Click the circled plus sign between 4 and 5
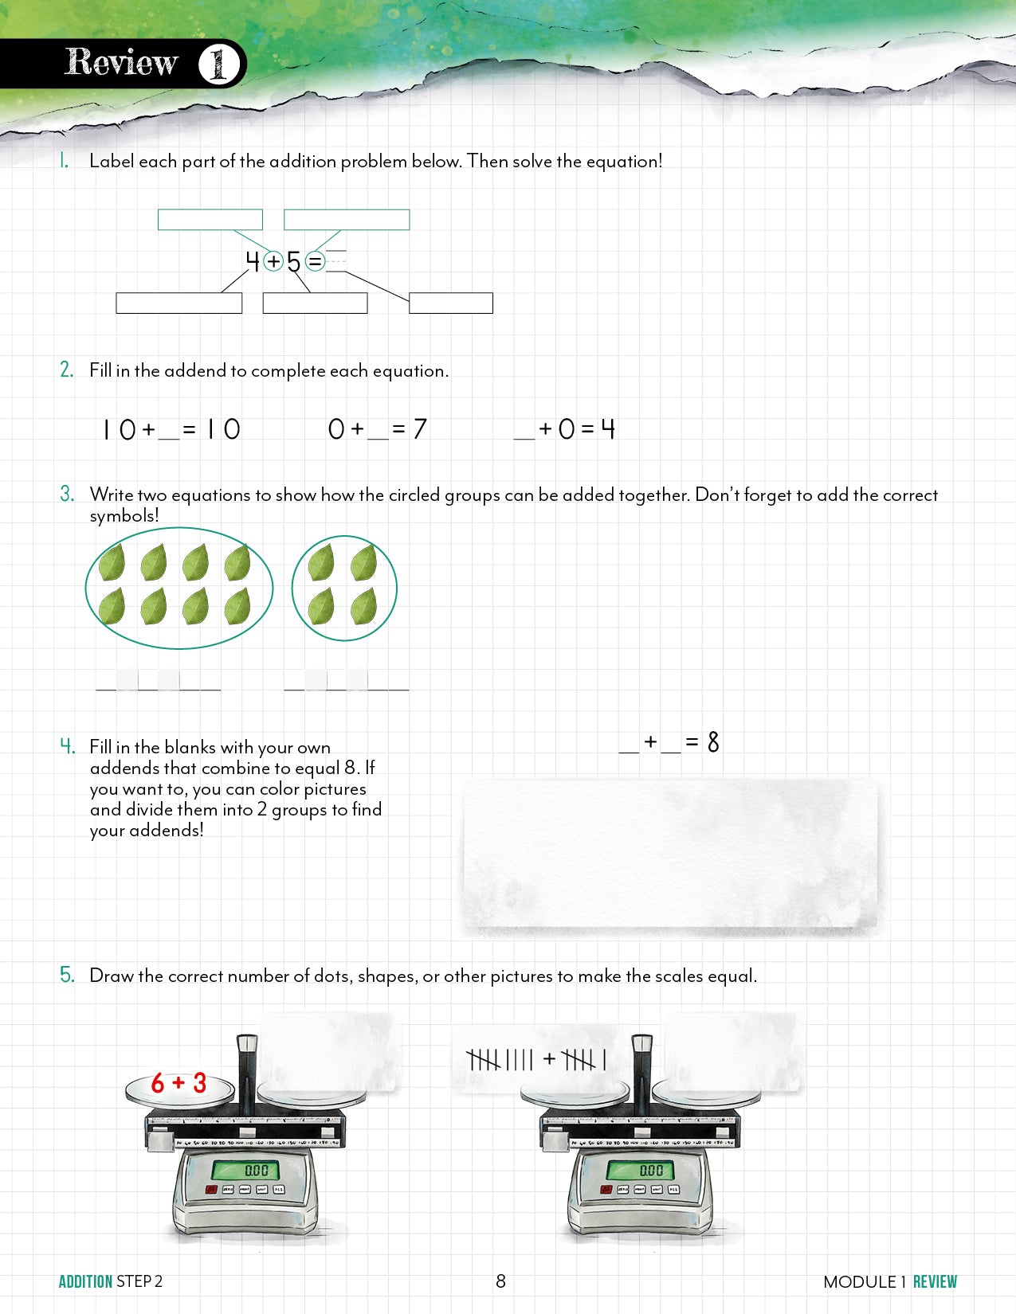coord(273,261)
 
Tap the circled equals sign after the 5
coord(316,261)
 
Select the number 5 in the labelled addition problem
coord(294,261)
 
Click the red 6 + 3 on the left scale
coord(178,1083)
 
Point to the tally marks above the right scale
coord(536,1060)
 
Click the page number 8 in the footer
coord(500,1281)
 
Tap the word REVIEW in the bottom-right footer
coord(935,1281)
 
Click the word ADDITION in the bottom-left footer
coord(85,1281)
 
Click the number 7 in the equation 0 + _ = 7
coord(420,429)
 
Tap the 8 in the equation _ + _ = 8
coord(713,742)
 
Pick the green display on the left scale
coord(257,1170)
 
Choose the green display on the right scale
coord(651,1170)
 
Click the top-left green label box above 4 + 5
coord(210,220)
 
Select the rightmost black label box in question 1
coord(451,303)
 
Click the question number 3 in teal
coord(67,494)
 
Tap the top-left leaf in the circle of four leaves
coord(321,562)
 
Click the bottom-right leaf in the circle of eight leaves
coord(237,607)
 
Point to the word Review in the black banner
coord(121,63)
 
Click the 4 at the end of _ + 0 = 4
coord(608,429)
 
